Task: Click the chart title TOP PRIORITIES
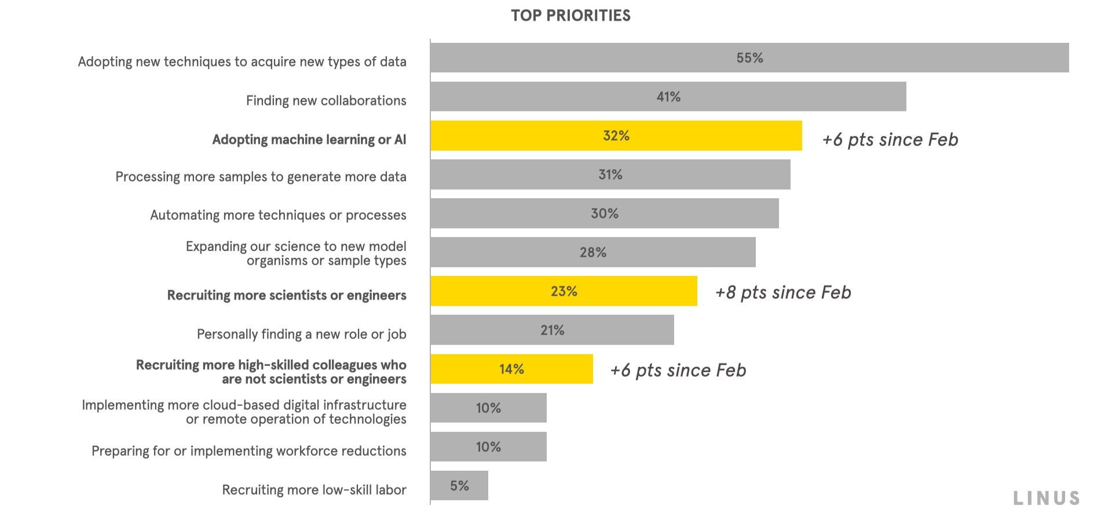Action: click(570, 16)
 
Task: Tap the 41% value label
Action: click(668, 97)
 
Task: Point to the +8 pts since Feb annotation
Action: click(783, 292)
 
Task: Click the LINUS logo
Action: click(1047, 498)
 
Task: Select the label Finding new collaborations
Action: click(326, 101)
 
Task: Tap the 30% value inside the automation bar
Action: click(604, 213)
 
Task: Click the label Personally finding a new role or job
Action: click(301, 335)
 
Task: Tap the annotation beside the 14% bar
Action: click(678, 370)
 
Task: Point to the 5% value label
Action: click(459, 486)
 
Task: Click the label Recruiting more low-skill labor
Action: click(314, 490)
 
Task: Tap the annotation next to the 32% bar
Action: click(890, 140)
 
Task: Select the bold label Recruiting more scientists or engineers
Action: click(287, 296)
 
